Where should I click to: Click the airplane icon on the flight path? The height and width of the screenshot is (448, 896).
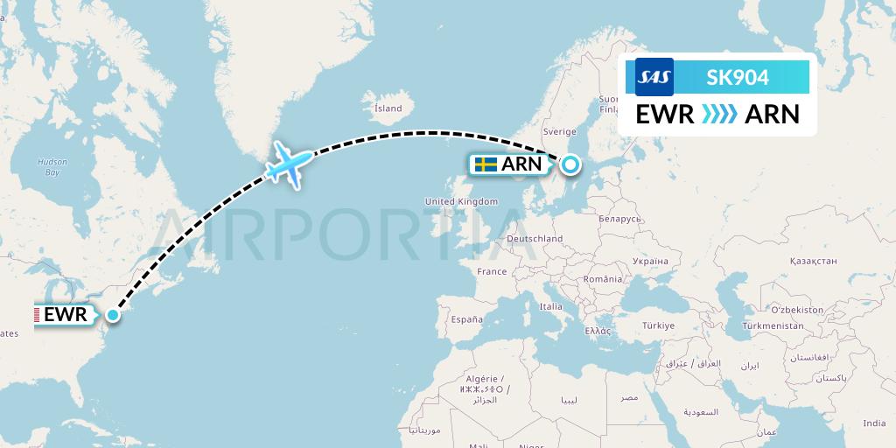click(288, 164)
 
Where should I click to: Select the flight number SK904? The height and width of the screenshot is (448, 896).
click(738, 77)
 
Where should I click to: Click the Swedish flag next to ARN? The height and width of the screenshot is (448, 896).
click(486, 164)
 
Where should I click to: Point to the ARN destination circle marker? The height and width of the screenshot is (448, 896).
click(570, 164)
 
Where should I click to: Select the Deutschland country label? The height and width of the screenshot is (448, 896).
click(535, 238)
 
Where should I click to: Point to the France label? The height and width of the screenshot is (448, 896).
click(492, 272)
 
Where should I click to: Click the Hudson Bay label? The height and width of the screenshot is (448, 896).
click(52, 166)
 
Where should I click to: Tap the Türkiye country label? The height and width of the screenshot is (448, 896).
click(658, 325)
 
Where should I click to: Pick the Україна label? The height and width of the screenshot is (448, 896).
click(649, 261)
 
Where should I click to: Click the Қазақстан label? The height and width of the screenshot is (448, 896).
click(813, 261)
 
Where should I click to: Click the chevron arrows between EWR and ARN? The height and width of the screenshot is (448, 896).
click(719, 115)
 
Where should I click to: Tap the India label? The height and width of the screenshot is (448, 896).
click(873, 423)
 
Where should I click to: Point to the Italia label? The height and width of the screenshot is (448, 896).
click(550, 307)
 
